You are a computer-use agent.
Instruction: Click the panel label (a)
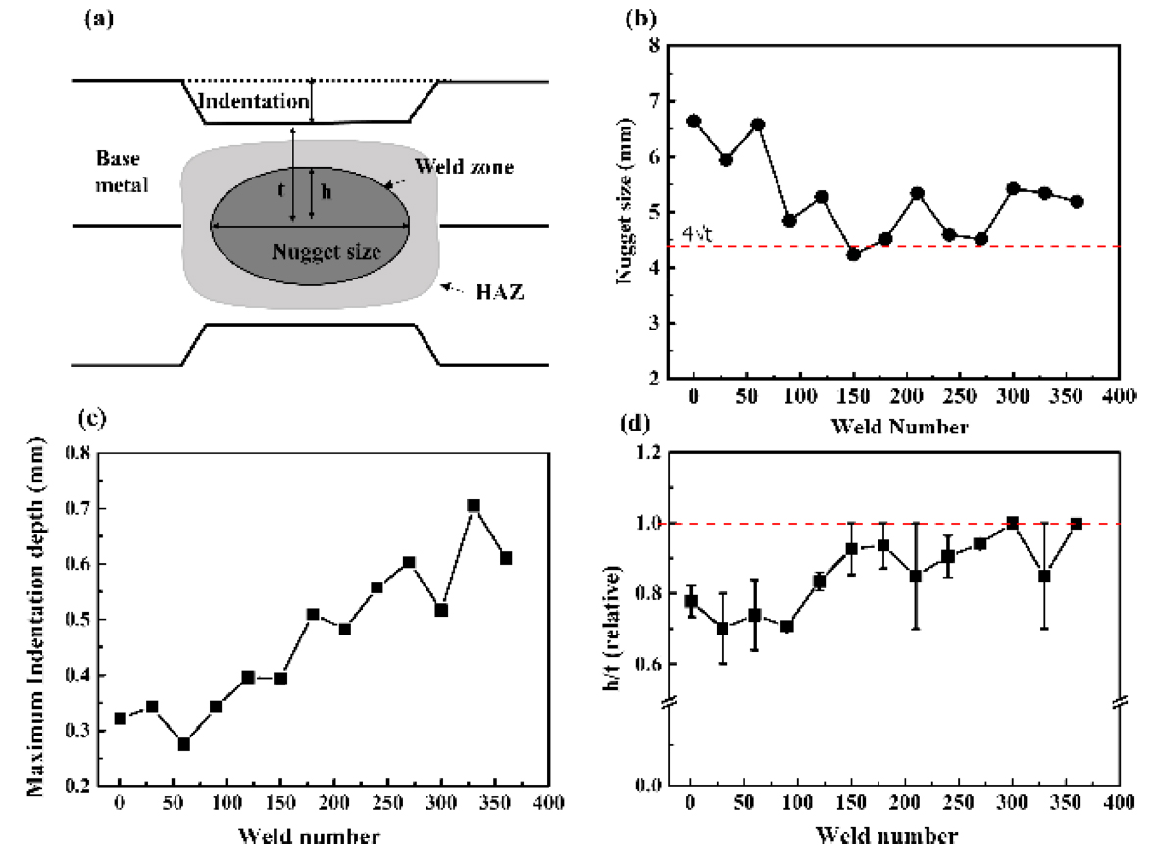pyautogui.click(x=95, y=19)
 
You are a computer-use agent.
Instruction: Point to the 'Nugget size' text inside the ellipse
pyautogui.click(x=326, y=252)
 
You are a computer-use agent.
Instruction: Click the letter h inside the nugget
pyautogui.click(x=326, y=193)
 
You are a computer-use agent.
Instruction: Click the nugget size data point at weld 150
pyautogui.click(x=854, y=254)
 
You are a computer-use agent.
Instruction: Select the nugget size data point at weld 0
pyautogui.click(x=694, y=121)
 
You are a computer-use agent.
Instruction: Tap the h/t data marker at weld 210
pyautogui.click(x=916, y=576)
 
